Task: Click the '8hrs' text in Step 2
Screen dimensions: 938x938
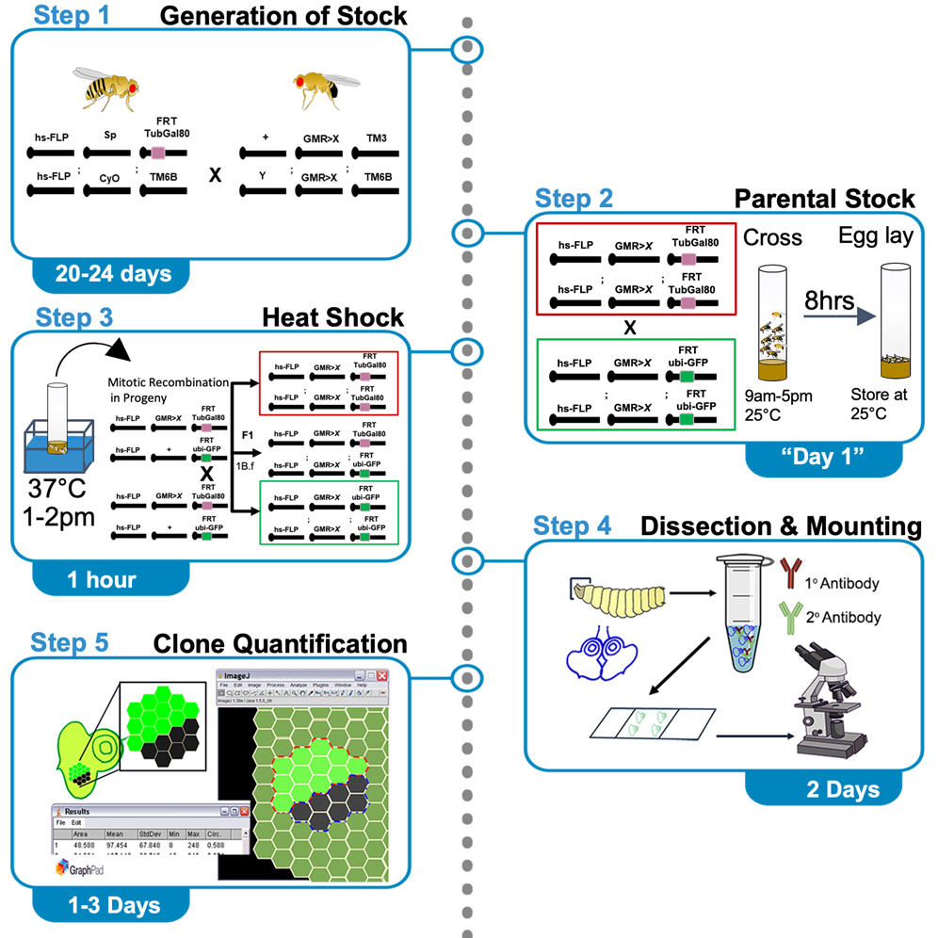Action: pyautogui.click(x=827, y=300)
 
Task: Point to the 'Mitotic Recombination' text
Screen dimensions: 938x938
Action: pyautogui.click(x=168, y=381)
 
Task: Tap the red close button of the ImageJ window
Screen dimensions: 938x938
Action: pyautogui.click(x=382, y=676)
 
